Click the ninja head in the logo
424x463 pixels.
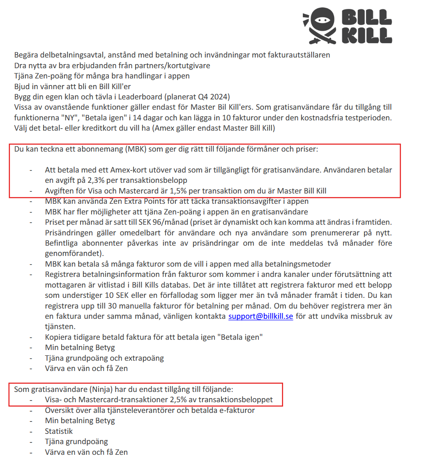tap(320, 19)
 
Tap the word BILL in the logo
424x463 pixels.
tap(367, 16)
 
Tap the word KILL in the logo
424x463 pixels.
tap(367, 35)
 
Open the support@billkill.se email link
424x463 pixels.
tap(260, 316)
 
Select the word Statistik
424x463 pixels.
tap(59, 431)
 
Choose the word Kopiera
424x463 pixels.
tap(58, 337)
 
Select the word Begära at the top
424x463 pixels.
tap(26, 55)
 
